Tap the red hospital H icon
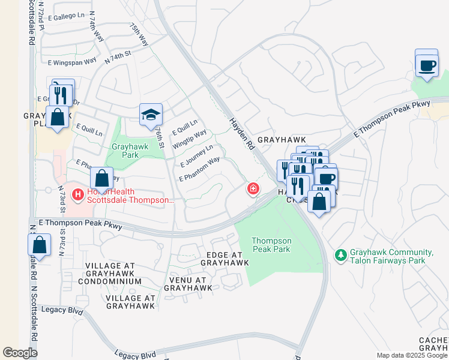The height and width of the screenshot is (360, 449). click(x=77, y=194)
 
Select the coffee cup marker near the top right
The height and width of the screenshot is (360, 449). click(x=427, y=65)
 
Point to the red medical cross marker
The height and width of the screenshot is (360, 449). click(x=253, y=190)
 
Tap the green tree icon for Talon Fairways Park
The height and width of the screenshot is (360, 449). click(x=341, y=256)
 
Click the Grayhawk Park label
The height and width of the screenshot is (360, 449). click(x=125, y=151)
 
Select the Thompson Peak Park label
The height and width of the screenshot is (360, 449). click(x=271, y=244)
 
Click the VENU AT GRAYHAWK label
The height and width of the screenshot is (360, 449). click(x=188, y=284)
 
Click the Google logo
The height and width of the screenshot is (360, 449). click(x=20, y=353)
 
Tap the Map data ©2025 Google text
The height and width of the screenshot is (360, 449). click(x=412, y=355)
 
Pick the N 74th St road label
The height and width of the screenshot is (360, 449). click(x=118, y=58)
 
